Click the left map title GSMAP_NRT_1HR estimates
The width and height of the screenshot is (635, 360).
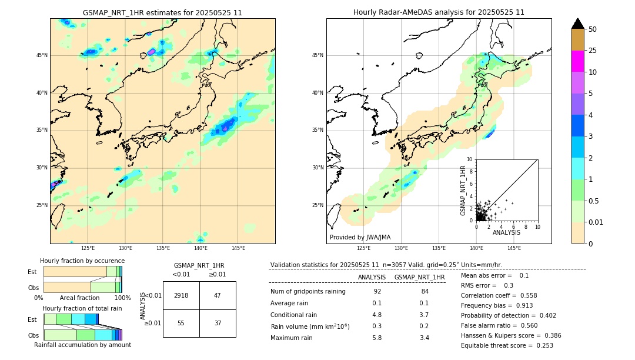[162, 12]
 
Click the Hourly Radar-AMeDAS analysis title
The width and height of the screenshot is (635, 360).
[439, 12]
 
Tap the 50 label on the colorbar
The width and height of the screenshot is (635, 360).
[593, 29]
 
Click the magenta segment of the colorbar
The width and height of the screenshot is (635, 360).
[577, 61]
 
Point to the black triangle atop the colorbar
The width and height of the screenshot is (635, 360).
[577, 24]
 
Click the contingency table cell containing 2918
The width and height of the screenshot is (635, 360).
[181, 295]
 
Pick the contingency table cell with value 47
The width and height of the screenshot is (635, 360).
[218, 295]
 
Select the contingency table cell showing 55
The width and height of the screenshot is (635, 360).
[181, 323]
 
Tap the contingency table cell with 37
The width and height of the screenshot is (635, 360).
[218, 323]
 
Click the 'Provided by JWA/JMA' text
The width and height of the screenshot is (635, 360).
[360, 238]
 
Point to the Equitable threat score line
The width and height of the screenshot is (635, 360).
[507, 345]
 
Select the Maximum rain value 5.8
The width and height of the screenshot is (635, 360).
[377, 338]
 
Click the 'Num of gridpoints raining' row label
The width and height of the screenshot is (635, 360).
[308, 292]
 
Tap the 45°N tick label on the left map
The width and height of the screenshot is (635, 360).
[42, 55]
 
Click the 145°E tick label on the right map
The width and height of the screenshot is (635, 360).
[514, 248]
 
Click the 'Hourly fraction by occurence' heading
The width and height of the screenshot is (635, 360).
[82, 261]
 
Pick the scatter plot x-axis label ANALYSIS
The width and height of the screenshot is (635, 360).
[506, 233]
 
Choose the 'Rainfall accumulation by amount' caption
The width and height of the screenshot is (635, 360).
[82, 345]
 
